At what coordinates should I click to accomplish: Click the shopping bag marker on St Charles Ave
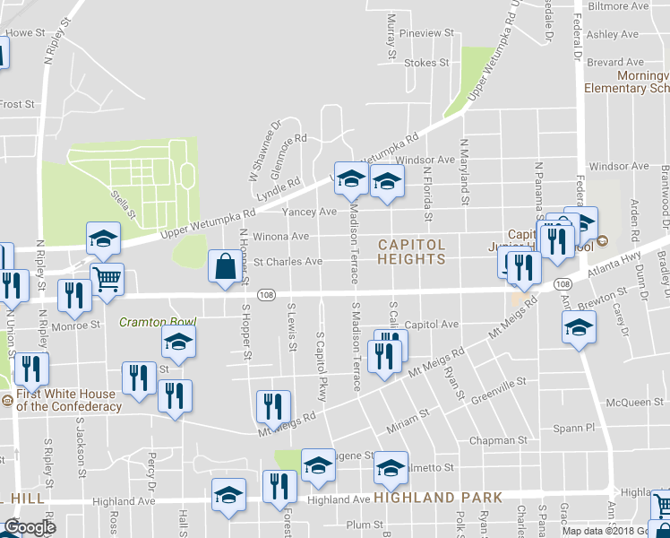[224, 266]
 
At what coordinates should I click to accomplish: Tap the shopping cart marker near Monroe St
[107, 279]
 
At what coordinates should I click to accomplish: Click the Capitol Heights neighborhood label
[411, 251]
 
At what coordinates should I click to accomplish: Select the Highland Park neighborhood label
[438, 497]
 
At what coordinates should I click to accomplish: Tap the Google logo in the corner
[29, 527]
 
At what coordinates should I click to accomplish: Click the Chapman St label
[499, 440]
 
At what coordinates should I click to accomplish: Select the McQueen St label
[627, 403]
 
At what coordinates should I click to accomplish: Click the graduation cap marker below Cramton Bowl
[178, 343]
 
